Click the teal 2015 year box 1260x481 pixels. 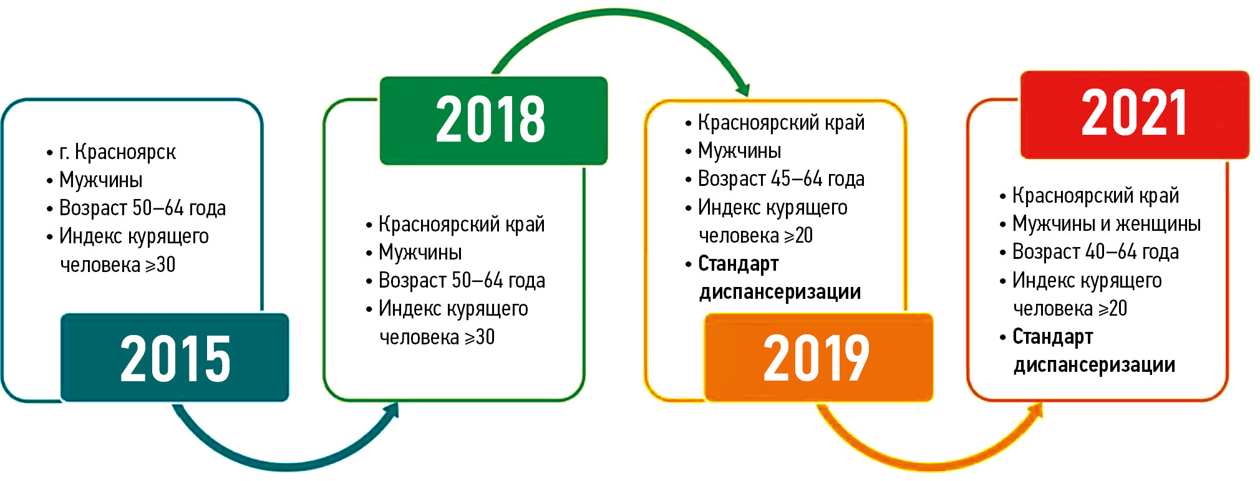click(175, 357)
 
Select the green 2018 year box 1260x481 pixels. click(493, 120)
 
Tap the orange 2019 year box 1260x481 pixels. click(818, 357)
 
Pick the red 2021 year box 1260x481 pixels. click(1135, 115)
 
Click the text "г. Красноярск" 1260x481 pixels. click(117, 152)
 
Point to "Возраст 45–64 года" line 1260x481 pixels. click(781, 179)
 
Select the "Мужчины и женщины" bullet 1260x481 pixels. click(1107, 223)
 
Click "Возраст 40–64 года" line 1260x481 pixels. click(1095, 251)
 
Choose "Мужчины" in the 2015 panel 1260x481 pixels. click(101, 180)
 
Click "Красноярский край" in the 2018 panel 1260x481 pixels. click(462, 224)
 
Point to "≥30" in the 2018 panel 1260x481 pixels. click(480, 338)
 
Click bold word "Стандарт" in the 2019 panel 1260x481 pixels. click(739, 264)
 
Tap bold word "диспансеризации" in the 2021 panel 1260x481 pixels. click(1094, 365)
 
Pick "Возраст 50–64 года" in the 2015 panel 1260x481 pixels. click(142, 208)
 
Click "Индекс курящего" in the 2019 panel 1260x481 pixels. click(773, 207)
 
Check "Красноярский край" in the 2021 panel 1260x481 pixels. click(1096, 195)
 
